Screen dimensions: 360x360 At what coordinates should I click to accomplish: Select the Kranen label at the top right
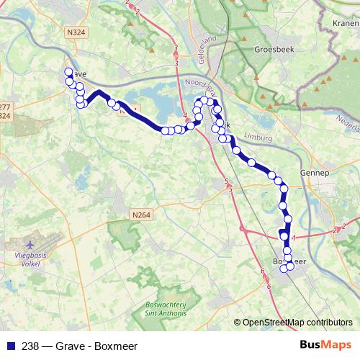[x=346, y=23]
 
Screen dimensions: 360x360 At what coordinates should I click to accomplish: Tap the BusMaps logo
[x=327, y=344]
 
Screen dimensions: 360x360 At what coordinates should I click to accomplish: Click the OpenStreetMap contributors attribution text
[x=297, y=323]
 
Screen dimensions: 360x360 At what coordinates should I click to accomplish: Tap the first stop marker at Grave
[x=69, y=72]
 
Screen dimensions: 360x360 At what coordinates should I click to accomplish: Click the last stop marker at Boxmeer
[x=291, y=266]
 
